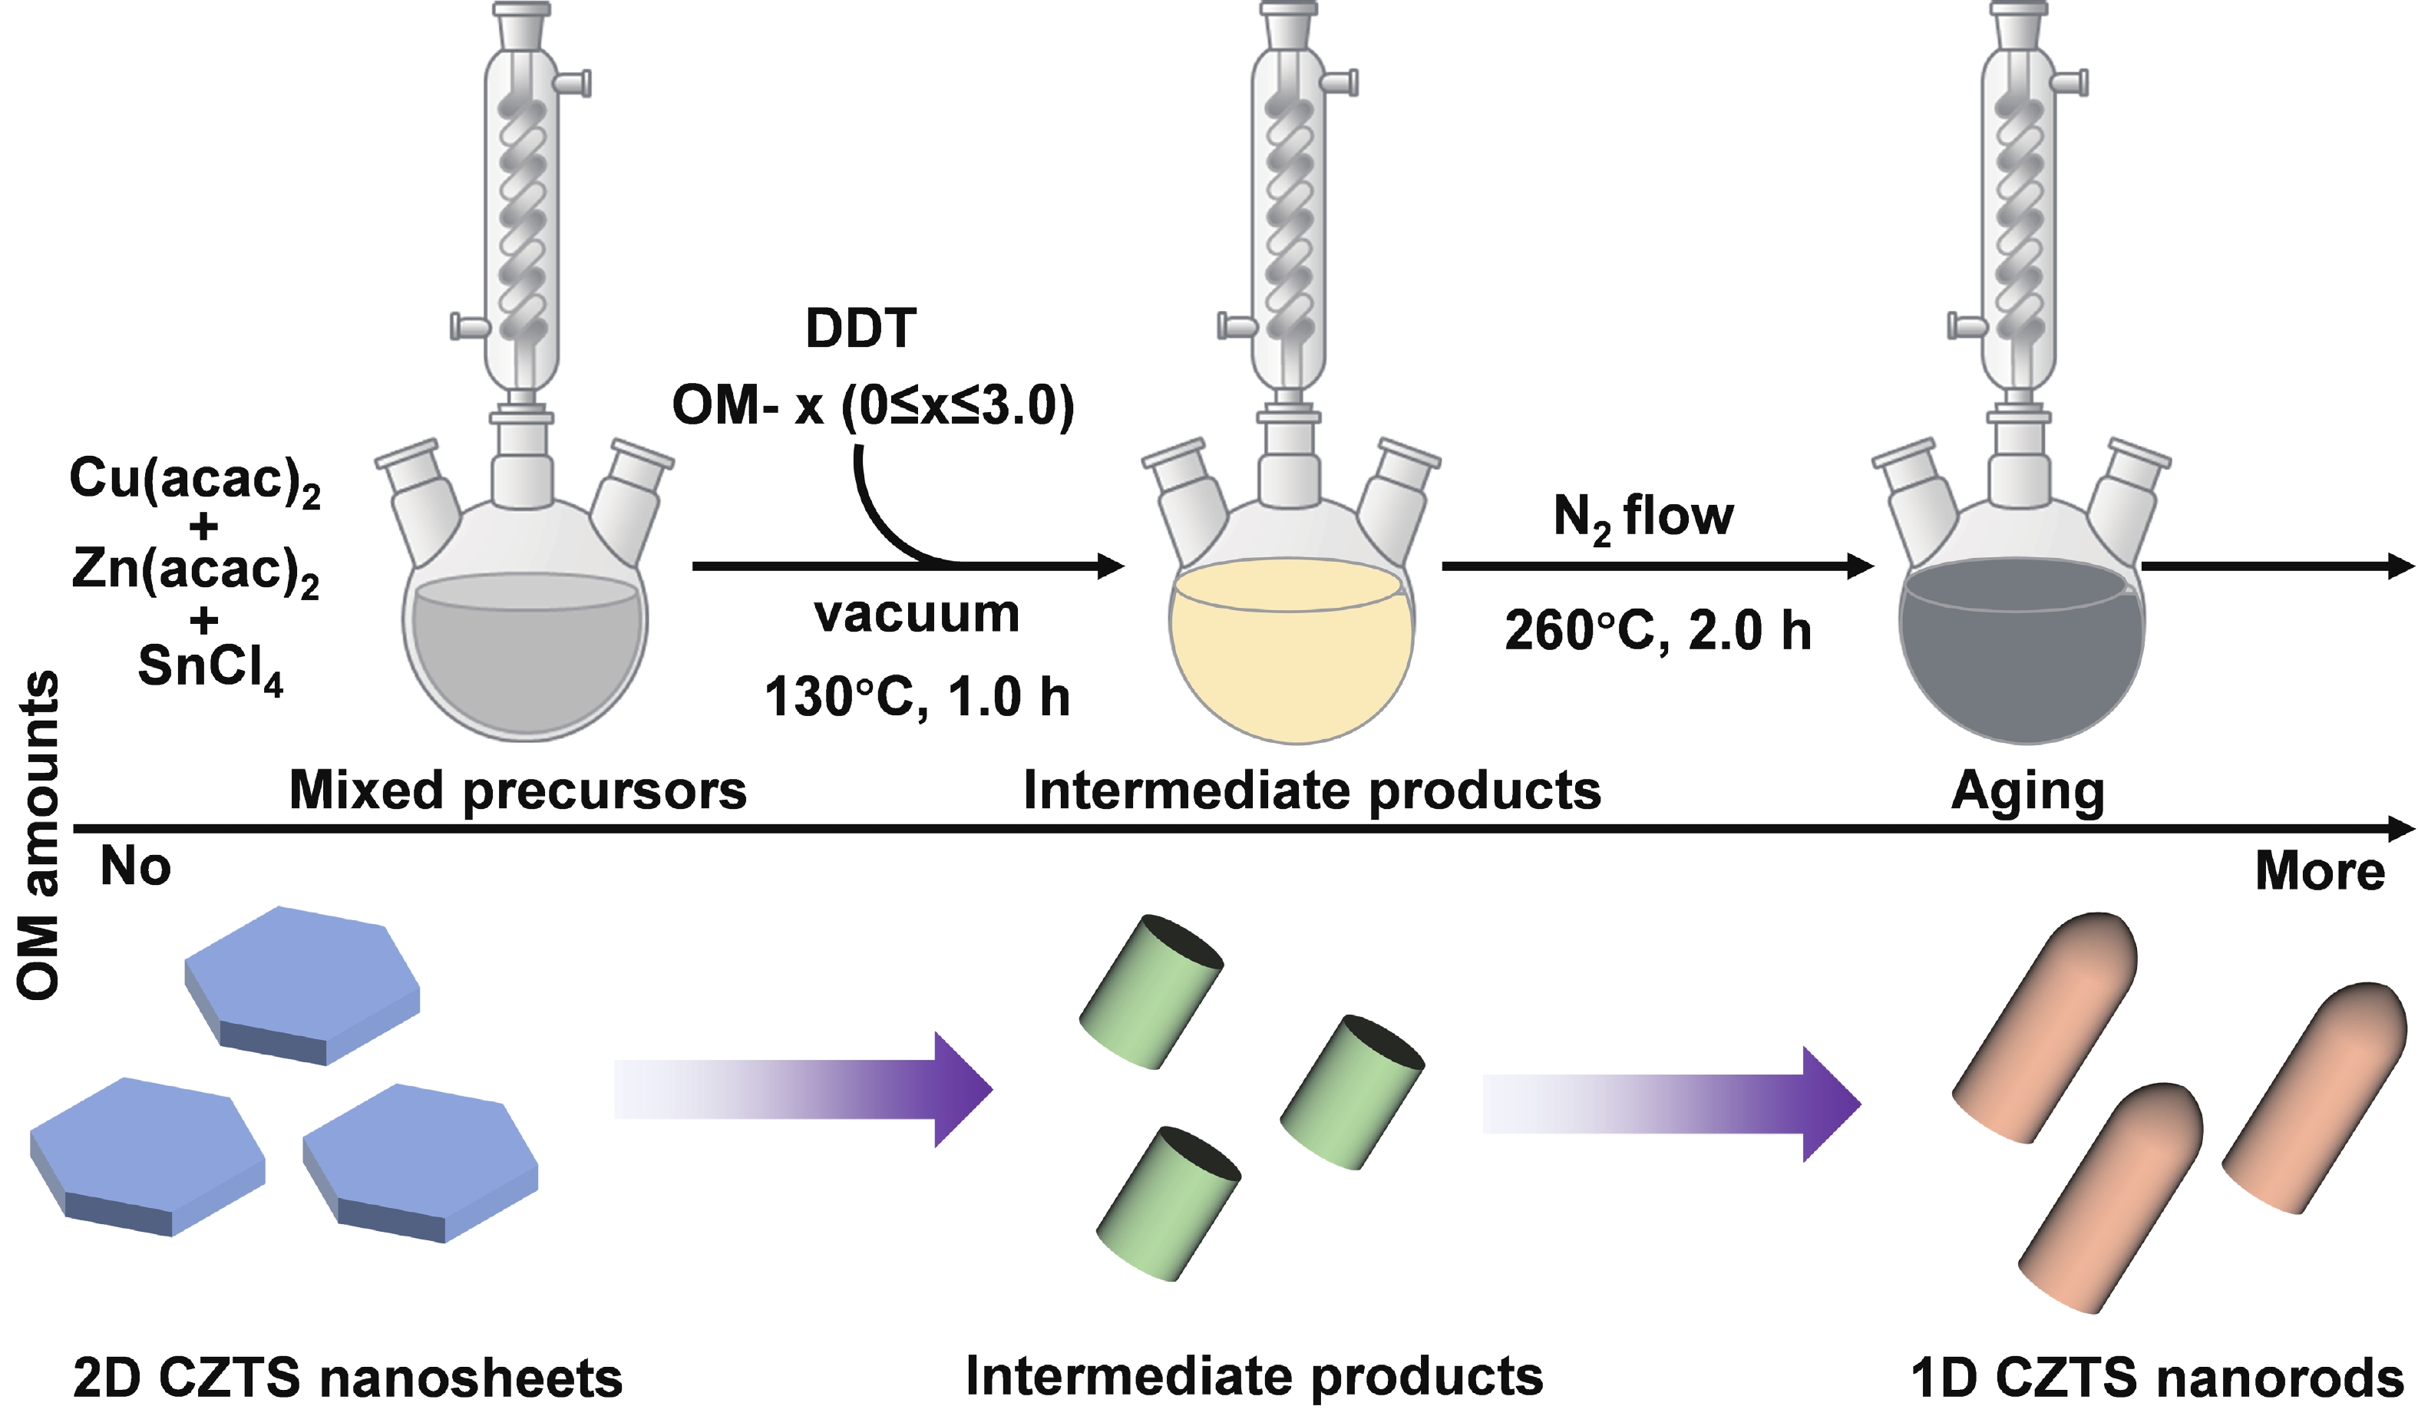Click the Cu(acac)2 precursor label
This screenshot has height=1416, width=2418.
point(195,480)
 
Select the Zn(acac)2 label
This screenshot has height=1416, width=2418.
point(195,571)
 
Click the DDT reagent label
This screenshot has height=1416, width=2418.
point(861,329)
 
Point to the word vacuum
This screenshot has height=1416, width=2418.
point(917,614)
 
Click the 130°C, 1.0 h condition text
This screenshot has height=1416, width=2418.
point(917,698)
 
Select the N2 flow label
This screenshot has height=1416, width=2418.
point(1643,518)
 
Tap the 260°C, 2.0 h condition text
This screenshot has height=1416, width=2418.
point(1657,631)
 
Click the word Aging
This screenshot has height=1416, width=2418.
point(2027,792)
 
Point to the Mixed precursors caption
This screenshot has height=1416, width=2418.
point(517,791)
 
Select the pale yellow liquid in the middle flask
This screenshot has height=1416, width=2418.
point(1291,672)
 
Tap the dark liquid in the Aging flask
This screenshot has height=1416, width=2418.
point(2022,672)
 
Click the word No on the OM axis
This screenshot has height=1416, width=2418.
point(135,866)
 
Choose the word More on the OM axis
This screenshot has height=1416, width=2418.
point(2319,871)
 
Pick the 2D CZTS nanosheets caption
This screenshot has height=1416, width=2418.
point(347,1378)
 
